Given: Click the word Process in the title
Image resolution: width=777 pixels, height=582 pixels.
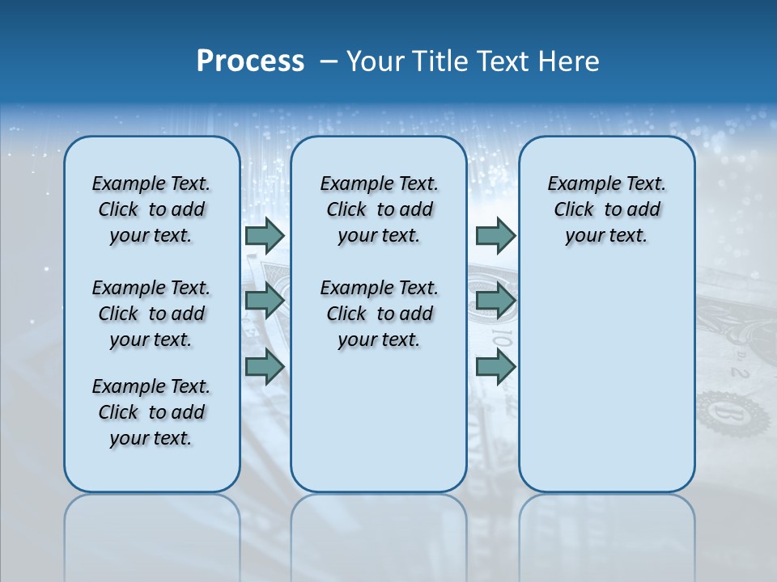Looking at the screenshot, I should point(250,61).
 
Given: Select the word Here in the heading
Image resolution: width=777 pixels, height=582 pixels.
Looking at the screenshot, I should point(569,61).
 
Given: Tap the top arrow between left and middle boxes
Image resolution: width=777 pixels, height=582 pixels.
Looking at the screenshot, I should point(265,235).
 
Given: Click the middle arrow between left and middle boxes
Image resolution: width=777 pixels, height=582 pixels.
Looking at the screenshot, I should point(265,301).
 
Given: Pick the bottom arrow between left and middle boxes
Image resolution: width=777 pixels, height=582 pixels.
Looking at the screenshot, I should point(265,366).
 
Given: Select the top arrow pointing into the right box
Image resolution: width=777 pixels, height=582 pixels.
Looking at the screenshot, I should point(495,235).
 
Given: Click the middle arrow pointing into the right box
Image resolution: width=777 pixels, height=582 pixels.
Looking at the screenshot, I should point(495,301).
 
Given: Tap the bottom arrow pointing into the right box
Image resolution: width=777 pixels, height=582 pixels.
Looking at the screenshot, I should point(495,366).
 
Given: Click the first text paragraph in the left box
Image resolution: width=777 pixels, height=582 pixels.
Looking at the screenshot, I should point(151,209).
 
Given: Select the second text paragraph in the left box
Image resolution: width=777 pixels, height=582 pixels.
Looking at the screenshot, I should point(151,314).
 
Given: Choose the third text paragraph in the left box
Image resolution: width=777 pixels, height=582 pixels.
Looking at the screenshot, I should point(151,412).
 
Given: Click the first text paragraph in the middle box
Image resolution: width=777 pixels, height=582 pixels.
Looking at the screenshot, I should point(379,209).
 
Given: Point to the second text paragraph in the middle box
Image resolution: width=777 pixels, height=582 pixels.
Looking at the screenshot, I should point(379,314).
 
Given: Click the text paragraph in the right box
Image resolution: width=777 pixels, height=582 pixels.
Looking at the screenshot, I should point(606,209).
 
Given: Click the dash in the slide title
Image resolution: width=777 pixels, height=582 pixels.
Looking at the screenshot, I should point(329,61).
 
